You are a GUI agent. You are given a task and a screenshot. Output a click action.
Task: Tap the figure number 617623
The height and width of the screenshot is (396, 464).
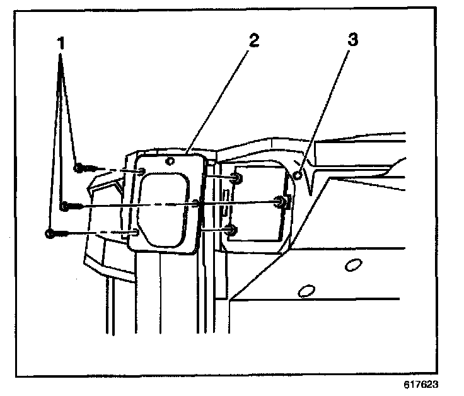point(421,384)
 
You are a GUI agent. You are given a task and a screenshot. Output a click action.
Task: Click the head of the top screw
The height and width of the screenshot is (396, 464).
point(78,168)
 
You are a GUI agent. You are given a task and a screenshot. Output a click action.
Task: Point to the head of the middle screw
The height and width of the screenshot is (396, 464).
point(64,206)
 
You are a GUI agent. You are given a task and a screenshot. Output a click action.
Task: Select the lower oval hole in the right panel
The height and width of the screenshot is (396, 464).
point(306,291)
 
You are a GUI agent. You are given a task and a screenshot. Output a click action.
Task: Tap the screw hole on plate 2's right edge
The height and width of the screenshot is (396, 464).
point(197,203)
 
